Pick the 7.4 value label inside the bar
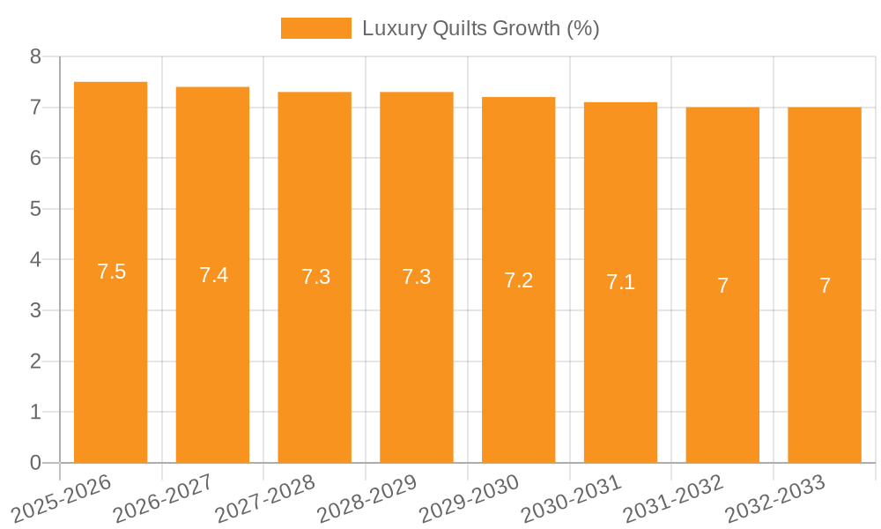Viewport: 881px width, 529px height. pos(213,275)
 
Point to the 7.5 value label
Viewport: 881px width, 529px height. pos(112,272)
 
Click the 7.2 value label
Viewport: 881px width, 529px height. pos(518,280)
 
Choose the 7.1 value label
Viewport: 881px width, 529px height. pos(620,282)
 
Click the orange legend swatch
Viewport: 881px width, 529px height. pos(315,28)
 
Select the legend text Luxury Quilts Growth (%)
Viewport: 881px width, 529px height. pos(480,28)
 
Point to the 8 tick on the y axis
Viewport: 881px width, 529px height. pos(35,56)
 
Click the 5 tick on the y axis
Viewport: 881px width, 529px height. pos(35,209)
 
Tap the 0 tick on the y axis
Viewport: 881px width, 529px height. pos(35,463)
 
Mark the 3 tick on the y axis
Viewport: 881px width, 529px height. pos(35,310)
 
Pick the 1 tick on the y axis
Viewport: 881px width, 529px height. pos(35,412)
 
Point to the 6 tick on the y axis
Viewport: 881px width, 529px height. pos(35,158)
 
